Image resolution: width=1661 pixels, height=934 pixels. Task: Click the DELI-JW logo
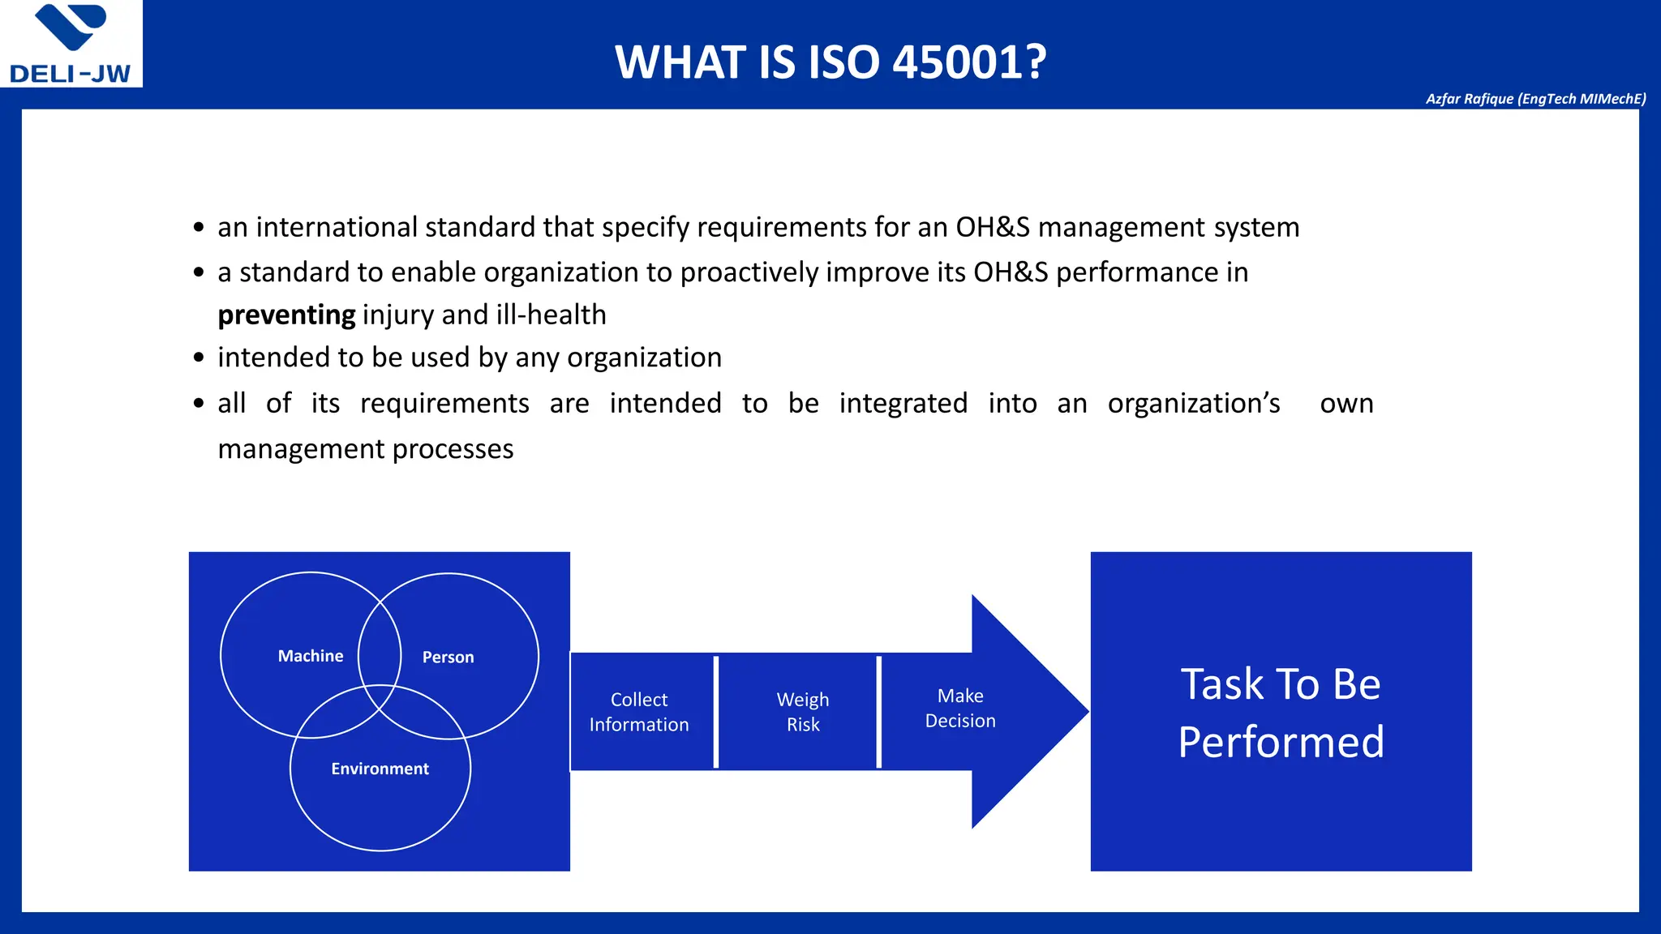click(71, 45)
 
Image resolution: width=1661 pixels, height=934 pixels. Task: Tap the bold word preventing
click(286, 315)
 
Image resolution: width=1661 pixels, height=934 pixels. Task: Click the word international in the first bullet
click(337, 227)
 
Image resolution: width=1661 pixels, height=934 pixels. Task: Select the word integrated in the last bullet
click(903, 403)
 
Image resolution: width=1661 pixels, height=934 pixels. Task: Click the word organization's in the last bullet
click(1193, 403)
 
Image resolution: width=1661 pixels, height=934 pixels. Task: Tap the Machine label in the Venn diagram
click(311, 656)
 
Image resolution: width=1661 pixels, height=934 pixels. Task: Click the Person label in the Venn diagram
click(448, 657)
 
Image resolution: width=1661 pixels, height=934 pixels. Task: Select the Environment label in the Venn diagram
click(380, 769)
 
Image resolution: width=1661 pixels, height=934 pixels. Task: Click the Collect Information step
click(639, 712)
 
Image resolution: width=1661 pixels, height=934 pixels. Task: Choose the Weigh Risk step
click(803, 712)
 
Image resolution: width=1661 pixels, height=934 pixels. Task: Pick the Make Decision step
click(960, 708)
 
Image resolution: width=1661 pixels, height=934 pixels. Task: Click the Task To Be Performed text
click(1281, 712)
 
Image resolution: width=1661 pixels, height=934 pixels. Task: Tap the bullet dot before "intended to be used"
click(199, 358)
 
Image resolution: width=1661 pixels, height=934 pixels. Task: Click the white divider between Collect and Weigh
click(716, 712)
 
